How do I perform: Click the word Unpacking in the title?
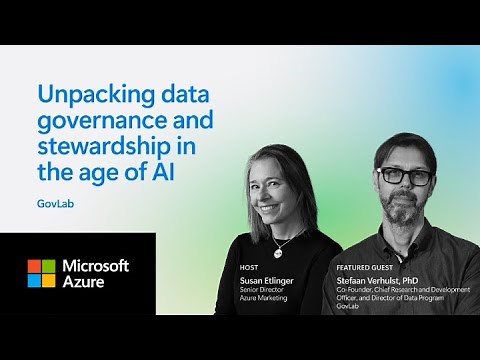[x=85, y=96]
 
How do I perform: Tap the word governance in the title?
[x=93, y=123]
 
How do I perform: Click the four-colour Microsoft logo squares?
[x=42, y=273]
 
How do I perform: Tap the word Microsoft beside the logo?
[x=96, y=265]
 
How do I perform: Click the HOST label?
[x=249, y=268]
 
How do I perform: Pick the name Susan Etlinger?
[x=268, y=281]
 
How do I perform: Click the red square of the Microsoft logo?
[x=35, y=266]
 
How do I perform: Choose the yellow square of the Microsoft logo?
[x=49, y=280]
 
